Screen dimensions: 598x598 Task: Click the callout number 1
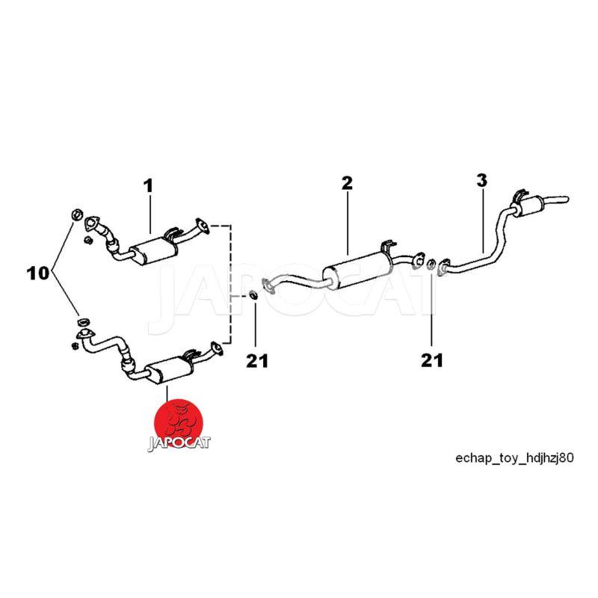click(x=148, y=185)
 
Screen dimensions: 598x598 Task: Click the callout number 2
click(x=347, y=183)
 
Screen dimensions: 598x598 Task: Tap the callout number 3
click(x=481, y=180)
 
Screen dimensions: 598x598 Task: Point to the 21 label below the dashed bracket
click(x=257, y=361)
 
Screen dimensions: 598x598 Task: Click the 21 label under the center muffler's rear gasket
click(x=432, y=361)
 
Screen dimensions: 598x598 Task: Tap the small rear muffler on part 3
click(x=529, y=203)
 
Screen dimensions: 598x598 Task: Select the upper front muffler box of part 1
click(x=152, y=250)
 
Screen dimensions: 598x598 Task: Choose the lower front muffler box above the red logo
click(x=170, y=371)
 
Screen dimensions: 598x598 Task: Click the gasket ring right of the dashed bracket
click(x=254, y=294)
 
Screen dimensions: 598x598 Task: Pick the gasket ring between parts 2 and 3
click(x=431, y=262)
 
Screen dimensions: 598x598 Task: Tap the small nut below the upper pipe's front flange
click(x=87, y=241)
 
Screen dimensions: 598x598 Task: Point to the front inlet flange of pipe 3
click(x=443, y=267)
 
